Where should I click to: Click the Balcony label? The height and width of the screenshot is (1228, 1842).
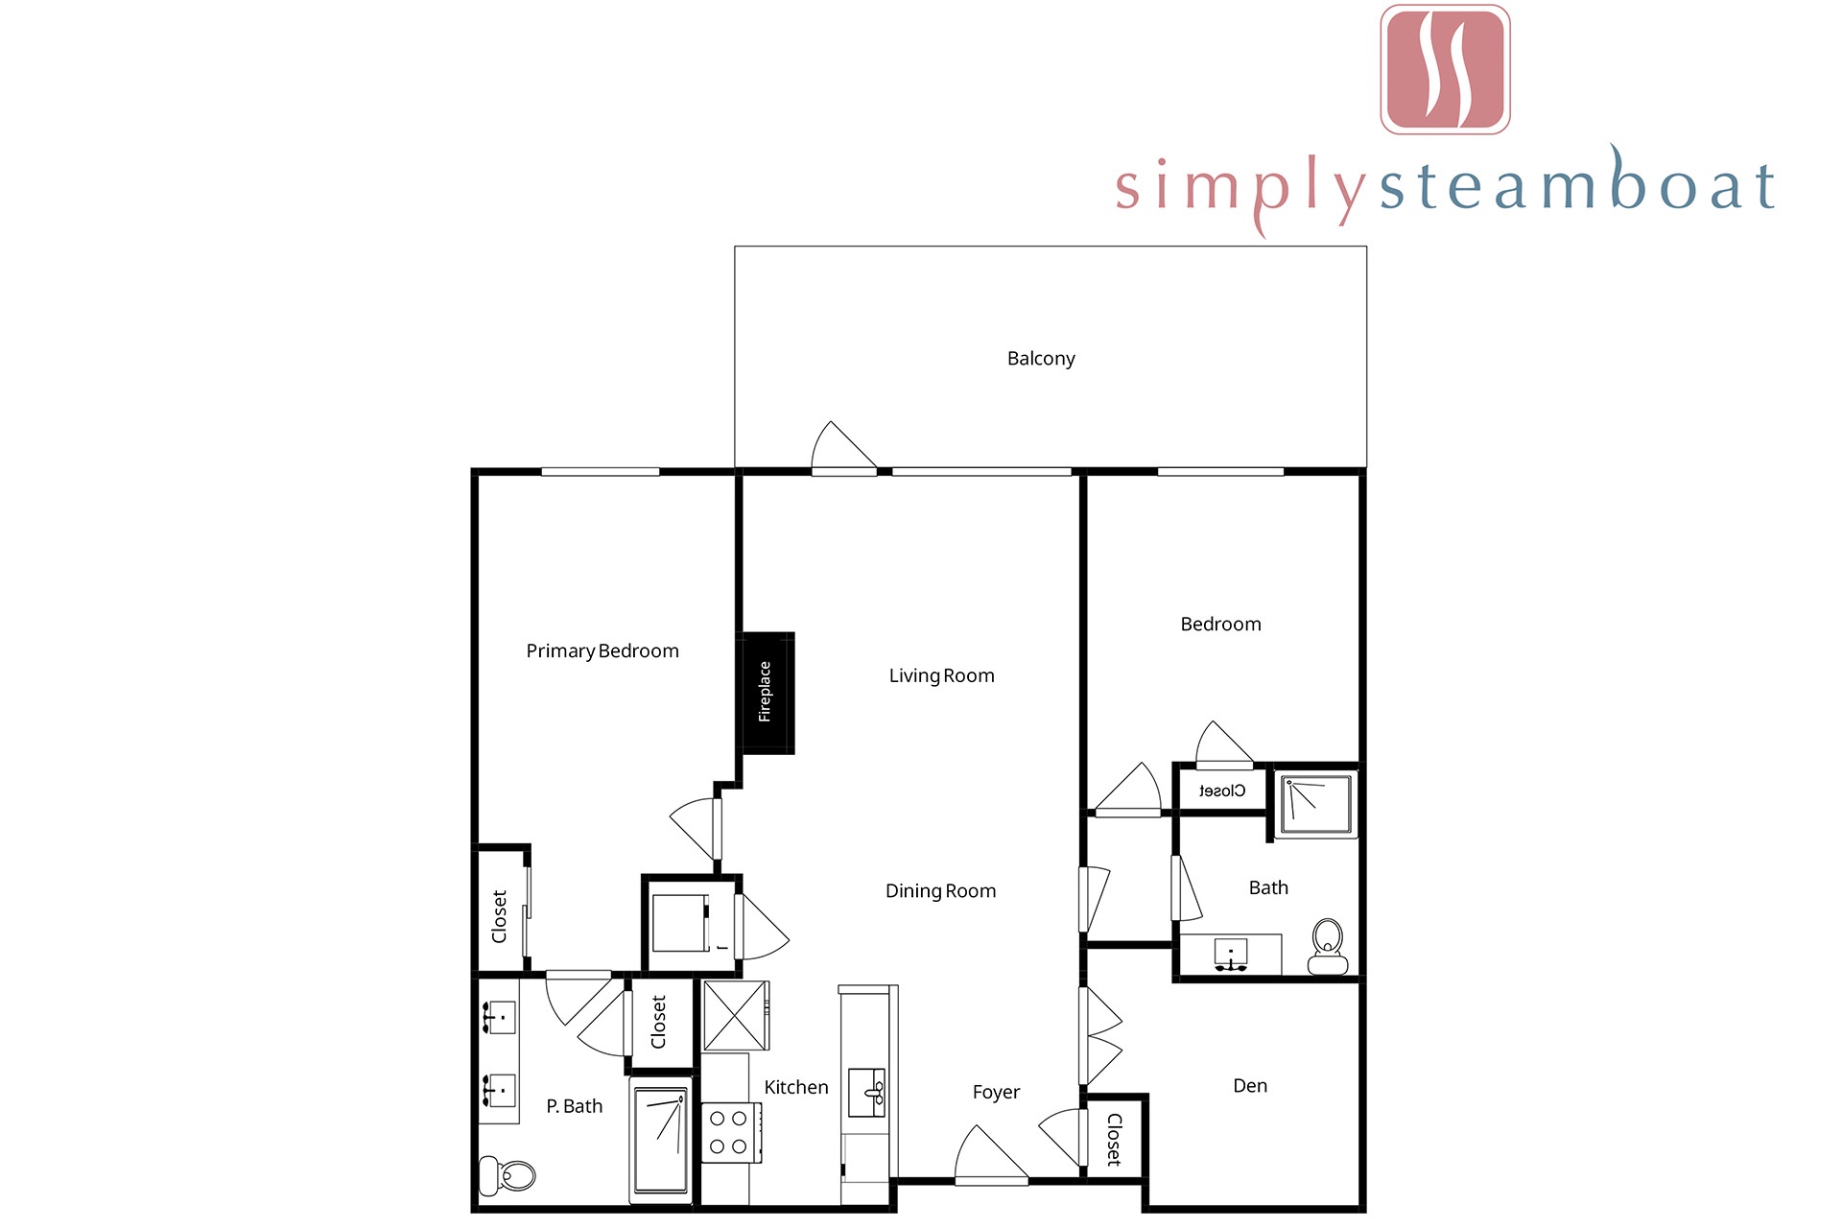[1041, 359]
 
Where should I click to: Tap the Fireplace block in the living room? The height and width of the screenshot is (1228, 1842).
[767, 693]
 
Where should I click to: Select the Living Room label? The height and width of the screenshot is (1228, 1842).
[941, 676]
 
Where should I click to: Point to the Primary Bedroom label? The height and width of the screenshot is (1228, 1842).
[602, 651]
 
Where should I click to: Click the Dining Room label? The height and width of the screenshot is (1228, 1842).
[940, 891]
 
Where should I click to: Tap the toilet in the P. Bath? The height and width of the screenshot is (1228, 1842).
[508, 1175]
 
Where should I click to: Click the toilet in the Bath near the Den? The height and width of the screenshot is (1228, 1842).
[1328, 947]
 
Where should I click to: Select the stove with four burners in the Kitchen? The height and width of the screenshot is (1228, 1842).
[731, 1133]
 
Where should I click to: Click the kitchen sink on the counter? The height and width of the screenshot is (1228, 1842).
[867, 1093]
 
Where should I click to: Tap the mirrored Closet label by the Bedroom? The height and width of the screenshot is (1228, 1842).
[1222, 791]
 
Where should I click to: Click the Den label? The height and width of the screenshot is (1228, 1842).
[1250, 1086]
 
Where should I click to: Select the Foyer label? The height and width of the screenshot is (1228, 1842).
[996, 1093]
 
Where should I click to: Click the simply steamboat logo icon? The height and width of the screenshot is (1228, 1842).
[1445, 69]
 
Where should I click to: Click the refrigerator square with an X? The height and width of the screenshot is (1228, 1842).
[737, 1015]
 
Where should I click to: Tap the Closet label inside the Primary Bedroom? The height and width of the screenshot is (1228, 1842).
[499, 917]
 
